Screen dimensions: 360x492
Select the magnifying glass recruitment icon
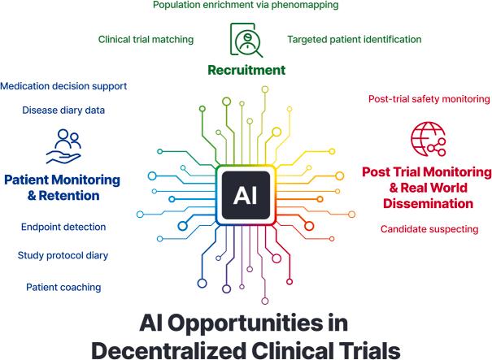coord(245,39)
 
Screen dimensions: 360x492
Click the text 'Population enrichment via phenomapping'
coord(246,5)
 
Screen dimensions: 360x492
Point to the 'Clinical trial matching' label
coord(146,38)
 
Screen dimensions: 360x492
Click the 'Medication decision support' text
coord(63,85)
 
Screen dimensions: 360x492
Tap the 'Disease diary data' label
coord(63,111)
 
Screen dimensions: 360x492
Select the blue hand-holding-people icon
coord(63,147)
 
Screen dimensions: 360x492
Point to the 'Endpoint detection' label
coord(63,227)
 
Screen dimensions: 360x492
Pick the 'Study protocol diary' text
coord(63,256)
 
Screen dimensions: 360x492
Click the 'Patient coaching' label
coord(63,287)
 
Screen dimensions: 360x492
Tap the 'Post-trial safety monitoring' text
coord(429,99)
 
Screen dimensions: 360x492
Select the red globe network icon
coord(429,139)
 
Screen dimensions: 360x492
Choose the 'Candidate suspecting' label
coord(429,229)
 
